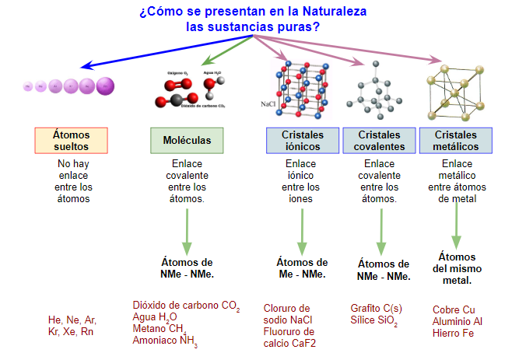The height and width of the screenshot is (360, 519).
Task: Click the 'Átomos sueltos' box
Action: pyautogui.click(x=71, y=140)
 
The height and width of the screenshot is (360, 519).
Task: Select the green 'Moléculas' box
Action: pyautogui.click(x=187, y=140)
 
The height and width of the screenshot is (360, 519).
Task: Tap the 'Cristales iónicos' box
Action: pyautogui.click(x=301, y=140)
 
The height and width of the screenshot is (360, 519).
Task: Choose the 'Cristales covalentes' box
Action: pyautogui.click(x=379, y=140)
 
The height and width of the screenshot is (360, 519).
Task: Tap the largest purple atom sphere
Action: pyautogui.click(x=106, y=86)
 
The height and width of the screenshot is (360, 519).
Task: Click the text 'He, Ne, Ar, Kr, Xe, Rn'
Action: pyautogui.click(x=72, y=326)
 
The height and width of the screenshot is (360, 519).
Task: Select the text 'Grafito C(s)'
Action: pyautogui.click(x=377, y=309)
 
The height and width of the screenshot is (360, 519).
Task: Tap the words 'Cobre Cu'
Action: pyautogui.click(x=453, y=309)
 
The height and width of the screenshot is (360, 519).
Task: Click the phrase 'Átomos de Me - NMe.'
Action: pyautogui.click(x=302, y=267)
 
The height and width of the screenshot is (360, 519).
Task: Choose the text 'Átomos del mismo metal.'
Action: pyautogui.click(x=456, y=268)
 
